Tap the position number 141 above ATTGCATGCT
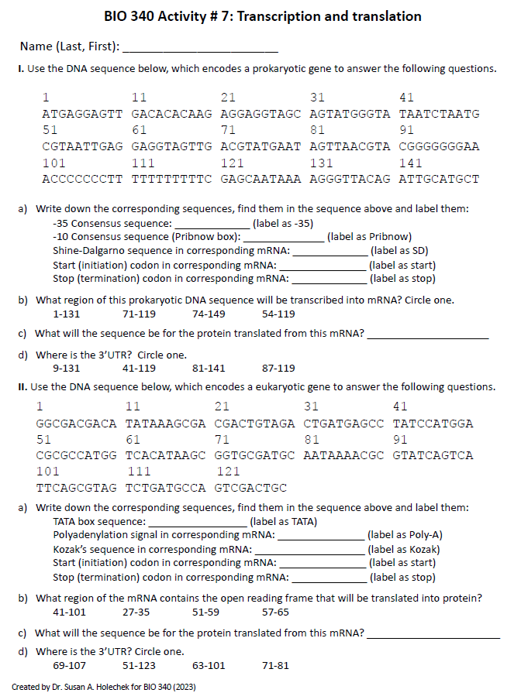[x=410, y=163]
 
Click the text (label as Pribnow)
[x=369, y=237]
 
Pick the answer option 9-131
[x=66, y=369]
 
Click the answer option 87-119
[x=278, y=369]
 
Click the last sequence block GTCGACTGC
[x=250, y=488]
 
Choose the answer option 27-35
[x=136, y=612]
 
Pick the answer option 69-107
[x=69, y=665]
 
